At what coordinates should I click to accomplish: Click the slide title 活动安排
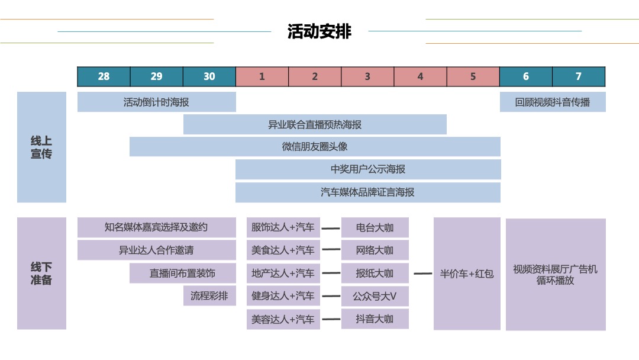(x=319, y=31)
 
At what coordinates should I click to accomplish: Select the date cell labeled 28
(x=104, y=76)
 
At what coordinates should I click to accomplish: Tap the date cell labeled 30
(x=209, y=76)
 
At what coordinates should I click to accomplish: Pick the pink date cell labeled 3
(x=367, y=76)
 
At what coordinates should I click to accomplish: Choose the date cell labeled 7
(x=579, y=76)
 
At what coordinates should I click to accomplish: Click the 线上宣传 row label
(x=41, y=147)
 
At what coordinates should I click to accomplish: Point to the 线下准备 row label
(x=41, y=274)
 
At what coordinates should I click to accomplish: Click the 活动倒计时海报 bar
(x=156, y=102)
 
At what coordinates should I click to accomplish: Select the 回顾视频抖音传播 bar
(x=553, y=102)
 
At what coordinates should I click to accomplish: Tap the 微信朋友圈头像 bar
(x=315, y=147)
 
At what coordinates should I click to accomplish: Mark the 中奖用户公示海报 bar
(x=368, y=169)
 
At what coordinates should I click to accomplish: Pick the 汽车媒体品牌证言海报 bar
(x=368, y=192)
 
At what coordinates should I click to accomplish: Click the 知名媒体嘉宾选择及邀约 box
(x=156, y=227)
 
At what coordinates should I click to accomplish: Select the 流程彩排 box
(x=209, y=296)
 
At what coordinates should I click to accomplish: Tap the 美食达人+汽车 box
(x=283, y=250)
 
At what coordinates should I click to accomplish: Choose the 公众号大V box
(x=375, y=296)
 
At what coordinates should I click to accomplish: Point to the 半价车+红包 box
(x=467, y=274)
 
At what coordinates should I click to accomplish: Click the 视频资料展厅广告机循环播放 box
(x=556, y=275)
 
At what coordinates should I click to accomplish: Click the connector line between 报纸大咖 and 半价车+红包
(x=422, y=274)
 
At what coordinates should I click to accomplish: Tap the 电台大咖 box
(x=375, y=227)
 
